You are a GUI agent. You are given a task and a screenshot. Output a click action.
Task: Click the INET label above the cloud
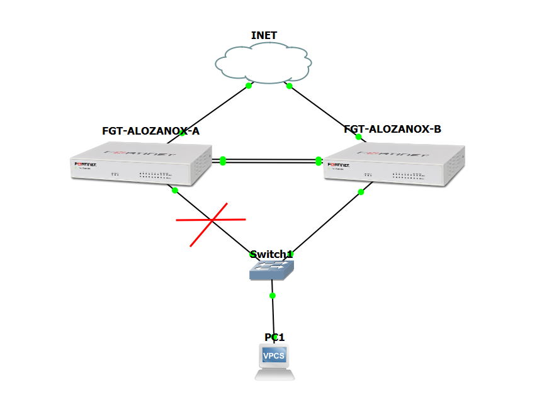tap(264, 35)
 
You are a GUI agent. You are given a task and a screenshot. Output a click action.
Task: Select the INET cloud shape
tap(263, 63)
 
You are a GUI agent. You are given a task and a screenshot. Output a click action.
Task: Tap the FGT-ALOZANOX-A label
tap(150, 131)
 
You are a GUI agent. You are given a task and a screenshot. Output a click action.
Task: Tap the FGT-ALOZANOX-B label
tap(392, 129)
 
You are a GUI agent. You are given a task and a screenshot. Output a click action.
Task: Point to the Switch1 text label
tap(271, 254)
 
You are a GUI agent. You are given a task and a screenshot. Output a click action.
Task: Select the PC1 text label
tap(274, 337)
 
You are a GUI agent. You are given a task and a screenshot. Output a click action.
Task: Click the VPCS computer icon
tap(274, 362)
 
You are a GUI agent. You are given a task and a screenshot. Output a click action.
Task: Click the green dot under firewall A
tap(175, 190)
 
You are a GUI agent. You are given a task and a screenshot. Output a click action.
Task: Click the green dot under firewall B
tap(361, 192)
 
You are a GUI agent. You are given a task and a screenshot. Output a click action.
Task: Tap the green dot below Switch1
tap(273, 295)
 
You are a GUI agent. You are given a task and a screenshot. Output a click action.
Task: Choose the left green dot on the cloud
tap(249, 86)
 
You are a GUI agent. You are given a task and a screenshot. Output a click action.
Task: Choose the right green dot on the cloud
tap(290, 86)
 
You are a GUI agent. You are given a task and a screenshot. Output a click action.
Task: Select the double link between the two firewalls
tap(271, 161)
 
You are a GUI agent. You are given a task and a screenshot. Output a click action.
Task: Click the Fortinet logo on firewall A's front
tap(86, 165)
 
